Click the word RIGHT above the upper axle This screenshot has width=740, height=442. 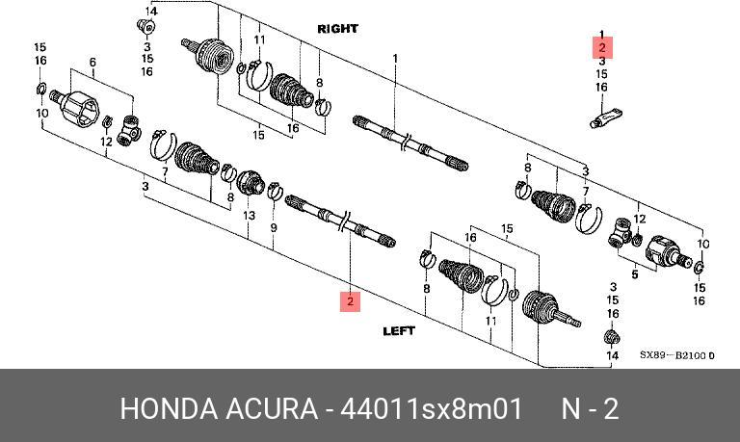pos(337,29)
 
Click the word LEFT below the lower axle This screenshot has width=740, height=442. pos(399,330)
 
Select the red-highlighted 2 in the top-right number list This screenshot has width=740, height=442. pos(601,47)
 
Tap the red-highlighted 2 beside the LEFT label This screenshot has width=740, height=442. pos(351,301)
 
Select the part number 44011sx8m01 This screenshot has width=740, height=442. pos(430,408)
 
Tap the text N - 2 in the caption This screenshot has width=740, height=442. pos(590,408)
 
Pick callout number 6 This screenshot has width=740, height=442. pos(92,64)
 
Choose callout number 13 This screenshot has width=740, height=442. pos(250,216)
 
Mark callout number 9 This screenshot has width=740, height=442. pos(274,228)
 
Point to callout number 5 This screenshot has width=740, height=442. pos(635,274)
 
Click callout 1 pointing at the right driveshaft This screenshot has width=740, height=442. pos(395,60)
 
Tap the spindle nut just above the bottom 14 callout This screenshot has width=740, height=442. pos(609,336)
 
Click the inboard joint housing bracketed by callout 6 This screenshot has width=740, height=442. pos(74,104)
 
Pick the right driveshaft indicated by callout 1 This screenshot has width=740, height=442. pos(410,139)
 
